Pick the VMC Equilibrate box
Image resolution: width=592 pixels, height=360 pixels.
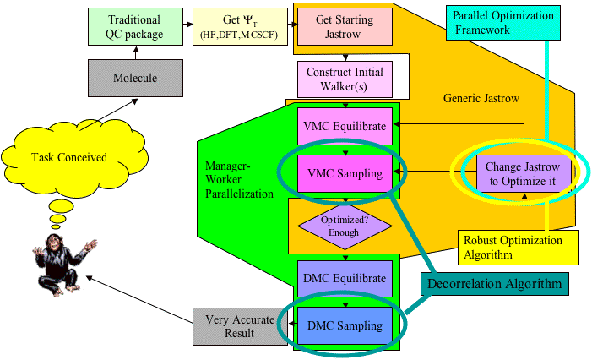click(x=344, y=126)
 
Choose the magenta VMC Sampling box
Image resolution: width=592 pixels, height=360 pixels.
click(x=344, y=173)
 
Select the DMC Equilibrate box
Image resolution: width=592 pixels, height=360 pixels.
click(x=344, y=278)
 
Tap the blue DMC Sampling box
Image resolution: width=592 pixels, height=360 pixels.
click(x=344, y=325)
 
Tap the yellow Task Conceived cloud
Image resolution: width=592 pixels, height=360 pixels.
click(x=76, y=157)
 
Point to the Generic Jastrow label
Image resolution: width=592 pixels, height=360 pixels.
click(x=481, y=99)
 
